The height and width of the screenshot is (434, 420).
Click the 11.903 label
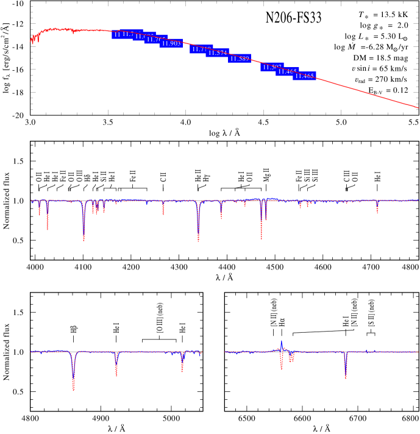(x=171, y=43)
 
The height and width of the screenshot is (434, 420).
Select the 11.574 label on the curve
(x=217, y=53)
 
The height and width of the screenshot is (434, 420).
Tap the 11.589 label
(x=240, y=59)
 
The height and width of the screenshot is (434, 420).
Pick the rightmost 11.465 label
(x=304, y=76)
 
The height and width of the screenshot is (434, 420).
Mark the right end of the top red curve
(x=418, y=107)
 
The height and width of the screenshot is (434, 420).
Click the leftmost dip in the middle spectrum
(x=40, y=210)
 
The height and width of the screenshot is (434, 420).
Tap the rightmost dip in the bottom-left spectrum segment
(x=182, y=368)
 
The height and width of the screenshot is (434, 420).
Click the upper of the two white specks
(x=352, y=75)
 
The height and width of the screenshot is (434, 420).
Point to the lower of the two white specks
(x=355, y=86)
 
